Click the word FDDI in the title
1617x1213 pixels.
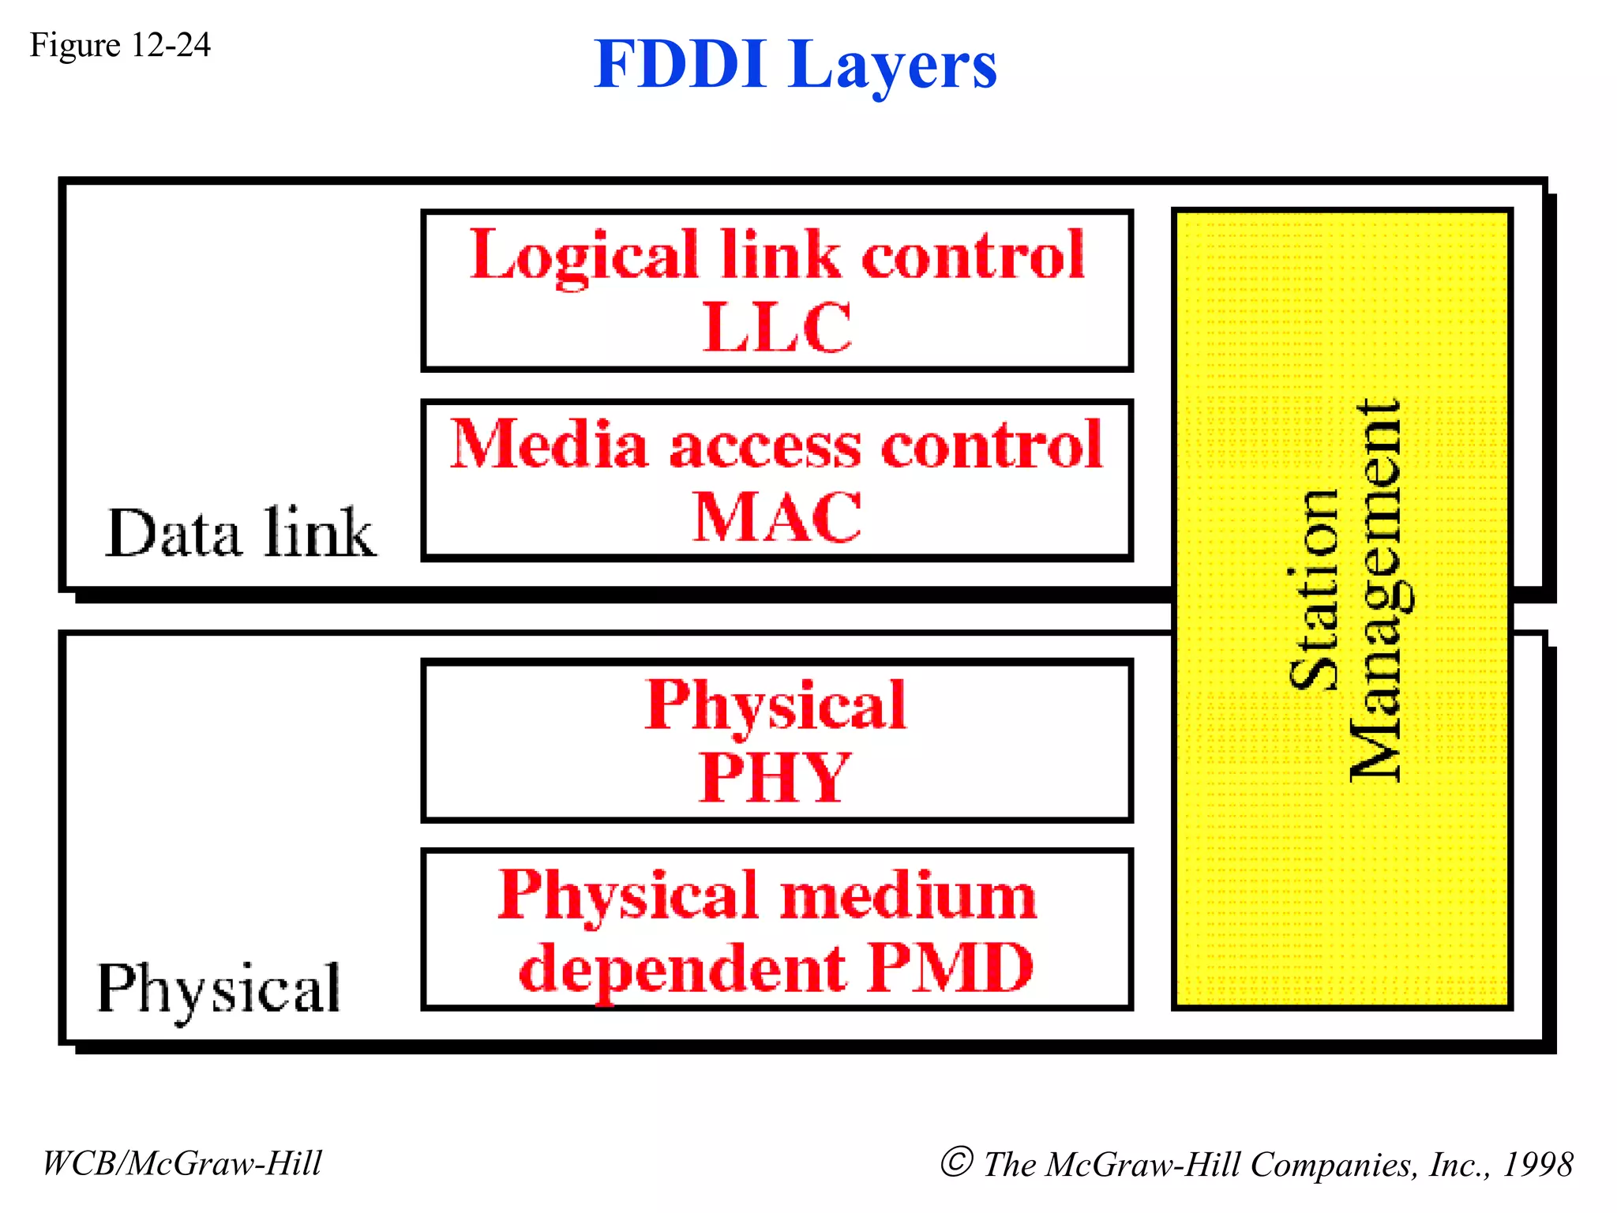680,65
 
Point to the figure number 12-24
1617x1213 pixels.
171,45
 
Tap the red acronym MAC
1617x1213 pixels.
777,517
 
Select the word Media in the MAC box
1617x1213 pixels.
550,445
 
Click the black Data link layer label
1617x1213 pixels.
240,533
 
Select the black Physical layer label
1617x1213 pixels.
219,990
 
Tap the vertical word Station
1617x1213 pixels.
1314,591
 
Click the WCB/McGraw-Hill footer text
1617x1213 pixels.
182,1163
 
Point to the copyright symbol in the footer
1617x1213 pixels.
956,1162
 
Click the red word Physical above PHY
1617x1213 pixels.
775,705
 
